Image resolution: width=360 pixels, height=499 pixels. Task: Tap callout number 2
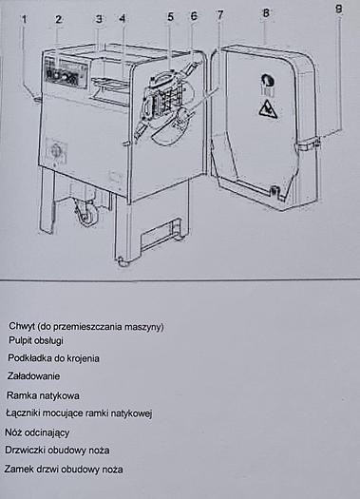coord(59,19)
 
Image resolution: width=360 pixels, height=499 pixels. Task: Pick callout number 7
coord(219,15)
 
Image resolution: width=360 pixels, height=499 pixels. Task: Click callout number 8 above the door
coord(265,12)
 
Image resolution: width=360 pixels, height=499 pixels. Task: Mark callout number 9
coord(339,9)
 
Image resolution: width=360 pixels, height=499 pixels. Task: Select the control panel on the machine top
coord(63,72)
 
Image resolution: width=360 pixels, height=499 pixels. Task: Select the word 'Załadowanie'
coord(35,376)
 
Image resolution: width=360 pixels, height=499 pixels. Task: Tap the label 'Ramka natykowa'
coord(43,395)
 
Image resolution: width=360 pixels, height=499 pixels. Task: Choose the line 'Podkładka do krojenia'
coord(53,358)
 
